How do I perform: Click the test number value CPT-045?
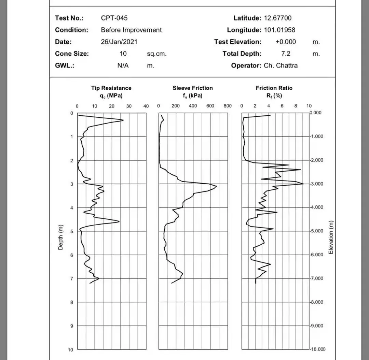(114, 18)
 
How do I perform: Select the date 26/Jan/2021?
(119, 42)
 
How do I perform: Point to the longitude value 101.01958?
(279, 30)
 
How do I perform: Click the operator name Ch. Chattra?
(281, 66)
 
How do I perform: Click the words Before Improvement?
(131, 30)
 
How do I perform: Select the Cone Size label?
(72, 54)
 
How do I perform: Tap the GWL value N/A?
(123, 66)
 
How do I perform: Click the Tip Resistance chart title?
(111, 88)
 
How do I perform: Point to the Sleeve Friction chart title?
(192, 88)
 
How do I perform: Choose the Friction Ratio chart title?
(274, 88)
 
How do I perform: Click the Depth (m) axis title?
(61, 237)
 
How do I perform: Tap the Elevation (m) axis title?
(330, 237)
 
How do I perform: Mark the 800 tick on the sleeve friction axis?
(228, 106)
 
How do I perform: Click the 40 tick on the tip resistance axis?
(146, 106)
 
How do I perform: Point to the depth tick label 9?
(72, 326)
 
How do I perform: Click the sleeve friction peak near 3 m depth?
(216, 186)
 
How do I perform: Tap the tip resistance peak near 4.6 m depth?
(119, 221)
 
